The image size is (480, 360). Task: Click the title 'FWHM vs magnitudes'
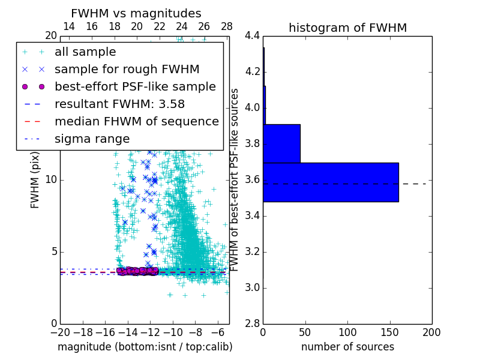click(136, 13)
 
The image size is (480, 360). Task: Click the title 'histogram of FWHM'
click(347, 28)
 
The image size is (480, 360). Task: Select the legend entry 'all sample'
click(85, 52)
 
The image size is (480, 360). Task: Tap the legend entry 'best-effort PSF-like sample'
click(135, 86)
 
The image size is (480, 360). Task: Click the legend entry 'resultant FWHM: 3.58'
click(119, 104)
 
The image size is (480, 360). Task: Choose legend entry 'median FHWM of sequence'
click(136, 121)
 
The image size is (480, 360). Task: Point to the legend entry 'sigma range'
click(92, 139)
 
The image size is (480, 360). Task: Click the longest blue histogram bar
click(331, 182)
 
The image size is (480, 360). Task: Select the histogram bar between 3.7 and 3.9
click(282, 143)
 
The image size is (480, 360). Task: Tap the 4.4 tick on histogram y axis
click(253, 36)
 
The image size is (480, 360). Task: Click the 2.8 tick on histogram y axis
click(253, 323)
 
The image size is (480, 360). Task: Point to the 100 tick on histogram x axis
click(347, 332)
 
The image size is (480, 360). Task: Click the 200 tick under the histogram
click(431, 332)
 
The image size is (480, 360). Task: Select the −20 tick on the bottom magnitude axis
click(60, 332)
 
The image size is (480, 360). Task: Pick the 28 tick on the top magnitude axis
click(227, 26)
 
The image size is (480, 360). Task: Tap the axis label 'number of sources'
click(347, 347)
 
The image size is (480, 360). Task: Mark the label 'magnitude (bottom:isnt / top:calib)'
click(145, 347)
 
